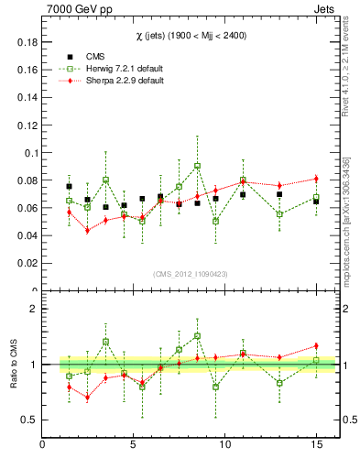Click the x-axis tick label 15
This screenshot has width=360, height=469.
(315, 446)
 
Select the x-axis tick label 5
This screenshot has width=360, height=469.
(134, 446)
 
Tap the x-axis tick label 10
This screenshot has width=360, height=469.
(224, 446)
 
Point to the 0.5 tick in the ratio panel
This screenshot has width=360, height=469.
(28, 420)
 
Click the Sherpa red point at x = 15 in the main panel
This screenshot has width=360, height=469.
(316, 179)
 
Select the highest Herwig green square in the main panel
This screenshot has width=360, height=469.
(197, 166)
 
